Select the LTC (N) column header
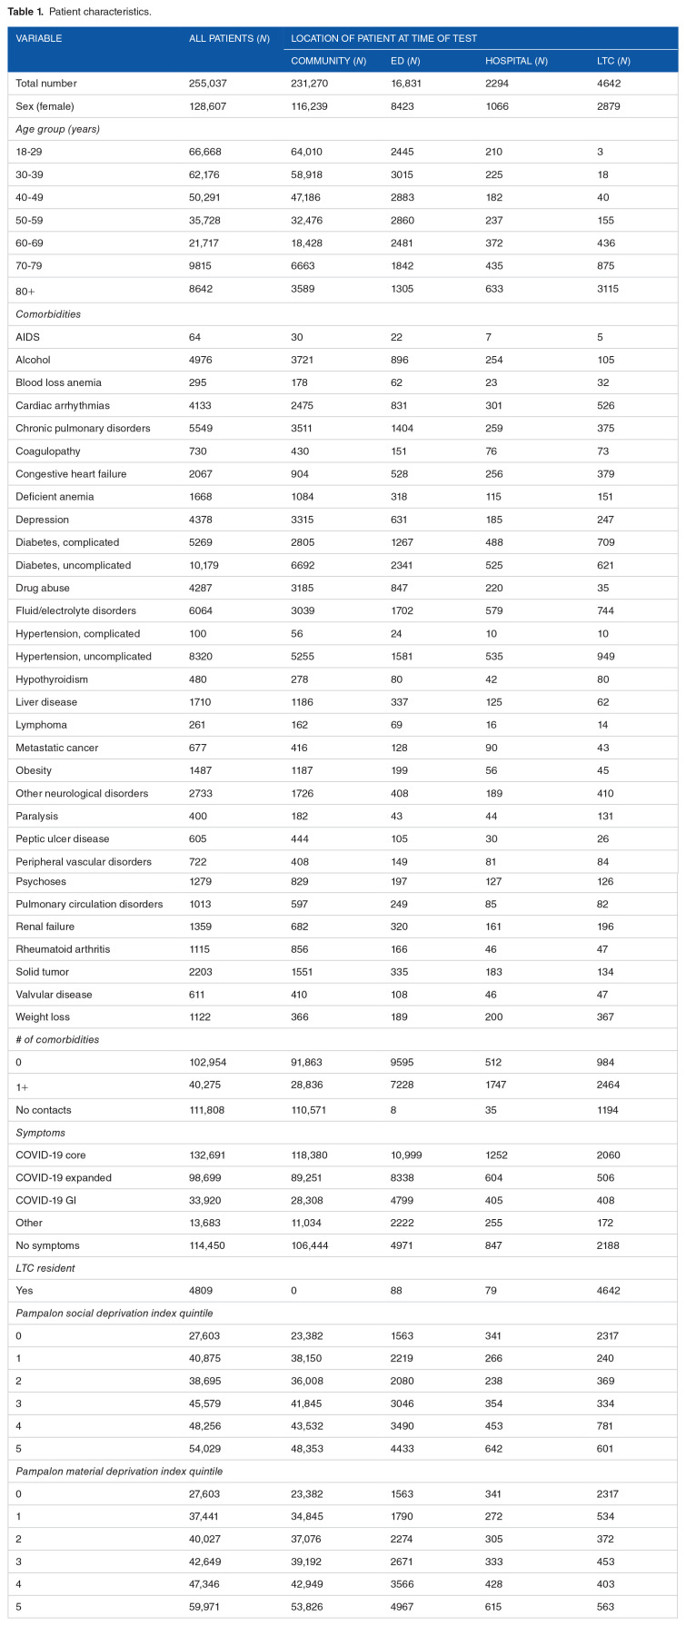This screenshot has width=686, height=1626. point(613,61)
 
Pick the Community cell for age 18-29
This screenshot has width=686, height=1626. point(310,152)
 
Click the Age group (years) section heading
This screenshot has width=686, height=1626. point(57,129)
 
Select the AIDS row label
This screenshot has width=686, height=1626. point(28,337)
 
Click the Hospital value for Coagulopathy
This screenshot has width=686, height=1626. point(492,451)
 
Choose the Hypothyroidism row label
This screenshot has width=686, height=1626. point(51,679)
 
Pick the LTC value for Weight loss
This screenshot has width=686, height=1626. point(606,1017)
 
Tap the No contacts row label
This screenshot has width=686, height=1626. point(44,1110)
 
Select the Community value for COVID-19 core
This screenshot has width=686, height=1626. point(314,1155)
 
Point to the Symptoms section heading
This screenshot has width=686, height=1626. point(40,1133)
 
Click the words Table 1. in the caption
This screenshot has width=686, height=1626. point(25,12)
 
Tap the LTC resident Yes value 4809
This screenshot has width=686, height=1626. point(202,1290)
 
